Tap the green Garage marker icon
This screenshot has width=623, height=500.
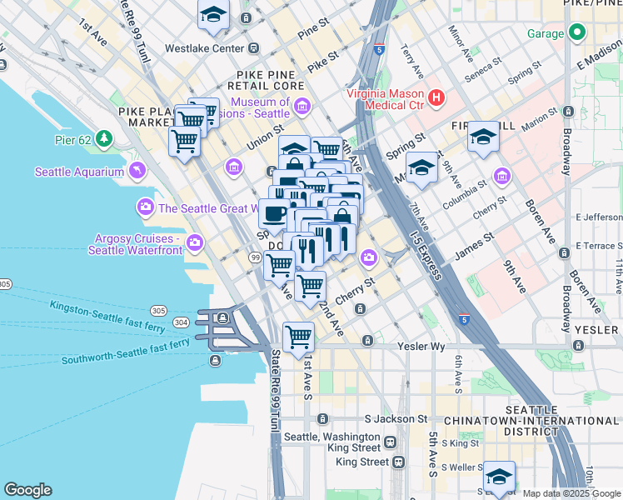576,34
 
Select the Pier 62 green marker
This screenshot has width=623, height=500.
104,137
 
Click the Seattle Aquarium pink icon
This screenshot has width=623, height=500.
136,172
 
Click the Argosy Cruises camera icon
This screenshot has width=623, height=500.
195,243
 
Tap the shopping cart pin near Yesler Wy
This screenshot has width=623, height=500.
298,337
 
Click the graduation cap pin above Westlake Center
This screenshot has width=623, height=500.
214,15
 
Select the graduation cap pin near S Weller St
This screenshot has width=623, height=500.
499,477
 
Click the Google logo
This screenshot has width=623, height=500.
27,490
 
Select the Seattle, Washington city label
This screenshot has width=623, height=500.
331,437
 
